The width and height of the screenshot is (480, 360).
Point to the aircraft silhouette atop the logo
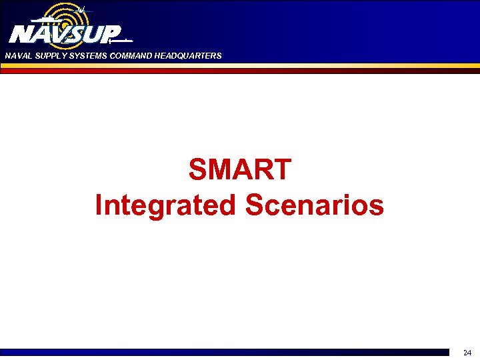81,10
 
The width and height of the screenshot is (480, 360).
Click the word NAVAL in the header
17,56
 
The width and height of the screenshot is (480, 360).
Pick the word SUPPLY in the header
46,56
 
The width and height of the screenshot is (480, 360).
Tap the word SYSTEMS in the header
82,56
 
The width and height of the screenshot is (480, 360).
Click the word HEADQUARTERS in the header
187,56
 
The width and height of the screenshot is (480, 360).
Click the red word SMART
240,170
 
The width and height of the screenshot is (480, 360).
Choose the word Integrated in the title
165,205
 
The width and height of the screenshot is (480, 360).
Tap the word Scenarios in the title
315,205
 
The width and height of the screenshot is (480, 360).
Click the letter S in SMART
199,170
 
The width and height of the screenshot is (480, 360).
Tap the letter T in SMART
283,170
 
